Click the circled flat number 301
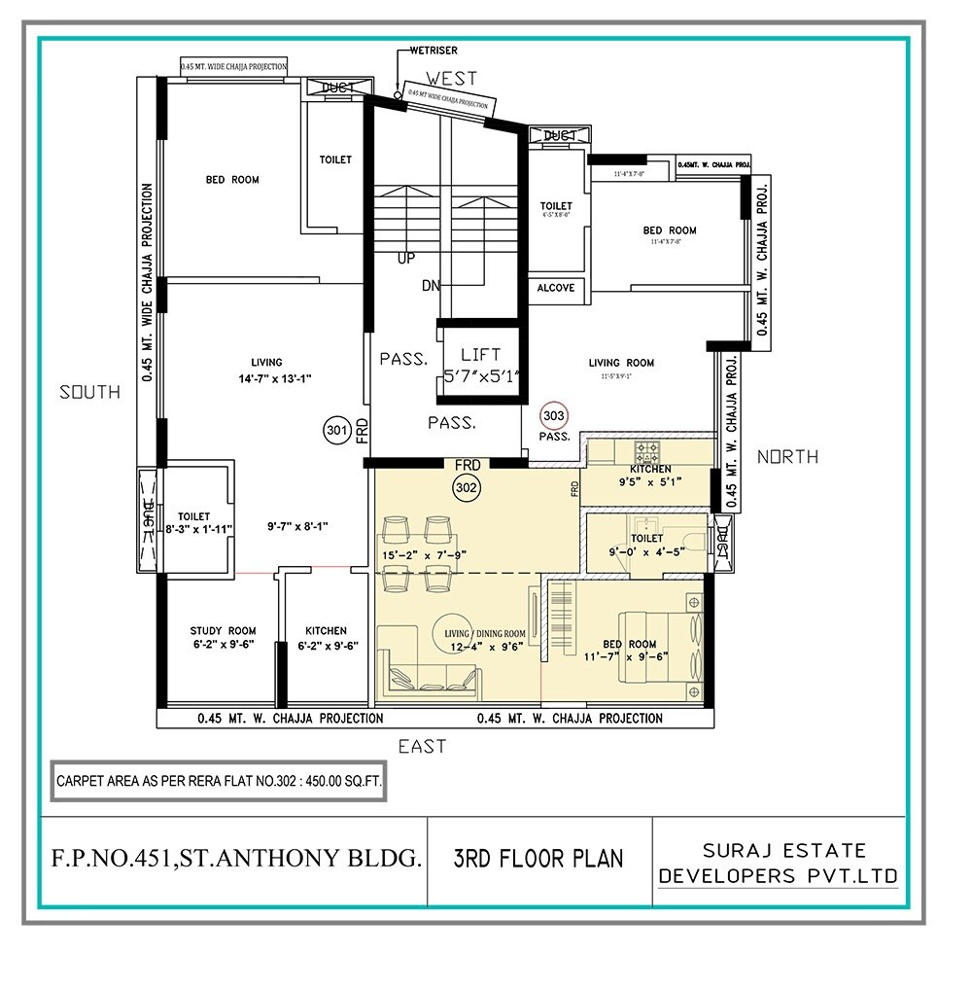tap(336, 428)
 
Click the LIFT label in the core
tap(481, 355)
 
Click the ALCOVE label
tap(556, 288)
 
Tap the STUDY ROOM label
tap(223, 631)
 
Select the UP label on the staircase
tap(406, 260)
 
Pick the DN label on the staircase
tap(431, 286)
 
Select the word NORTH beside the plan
tap(787, 456)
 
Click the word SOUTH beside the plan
tap(90, 392)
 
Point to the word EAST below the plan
tap(422, 747)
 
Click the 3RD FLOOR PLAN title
tap(538, 859)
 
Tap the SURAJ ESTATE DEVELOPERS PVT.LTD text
tap(778, 864)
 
